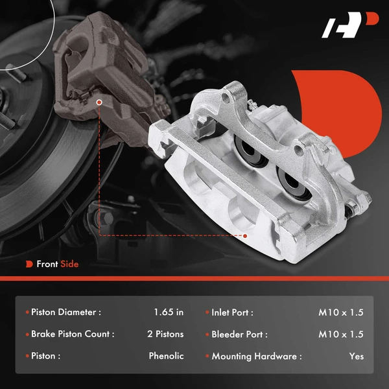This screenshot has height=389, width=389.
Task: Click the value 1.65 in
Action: [x=169, y=312]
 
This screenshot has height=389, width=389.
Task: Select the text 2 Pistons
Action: [x=165, y=335]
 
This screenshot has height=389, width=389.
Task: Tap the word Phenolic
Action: [x=166, y=356]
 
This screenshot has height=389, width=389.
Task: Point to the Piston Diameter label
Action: [x=66, y=312]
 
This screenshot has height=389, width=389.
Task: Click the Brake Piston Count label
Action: [x=73, y=335]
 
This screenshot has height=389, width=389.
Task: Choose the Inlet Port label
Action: [x=232, y=312]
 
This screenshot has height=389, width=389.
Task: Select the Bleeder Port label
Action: [x=239, y=335]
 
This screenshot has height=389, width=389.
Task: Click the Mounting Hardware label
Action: [x=257, y=356]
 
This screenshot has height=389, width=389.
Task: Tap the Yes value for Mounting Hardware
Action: [x=356, y=356]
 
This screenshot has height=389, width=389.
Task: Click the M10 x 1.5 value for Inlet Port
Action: [x=341, y=312]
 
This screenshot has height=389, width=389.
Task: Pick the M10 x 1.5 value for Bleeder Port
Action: [x=341, y=335]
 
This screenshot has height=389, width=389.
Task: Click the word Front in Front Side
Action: [x=47, y=264]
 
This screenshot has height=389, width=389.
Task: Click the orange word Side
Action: [x=69, y=264]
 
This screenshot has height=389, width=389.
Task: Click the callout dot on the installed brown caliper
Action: [x=99, y=102]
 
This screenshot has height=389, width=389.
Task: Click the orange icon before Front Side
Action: [x=29, y=264]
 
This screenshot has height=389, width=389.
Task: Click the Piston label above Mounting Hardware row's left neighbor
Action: [x=46, y=356]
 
